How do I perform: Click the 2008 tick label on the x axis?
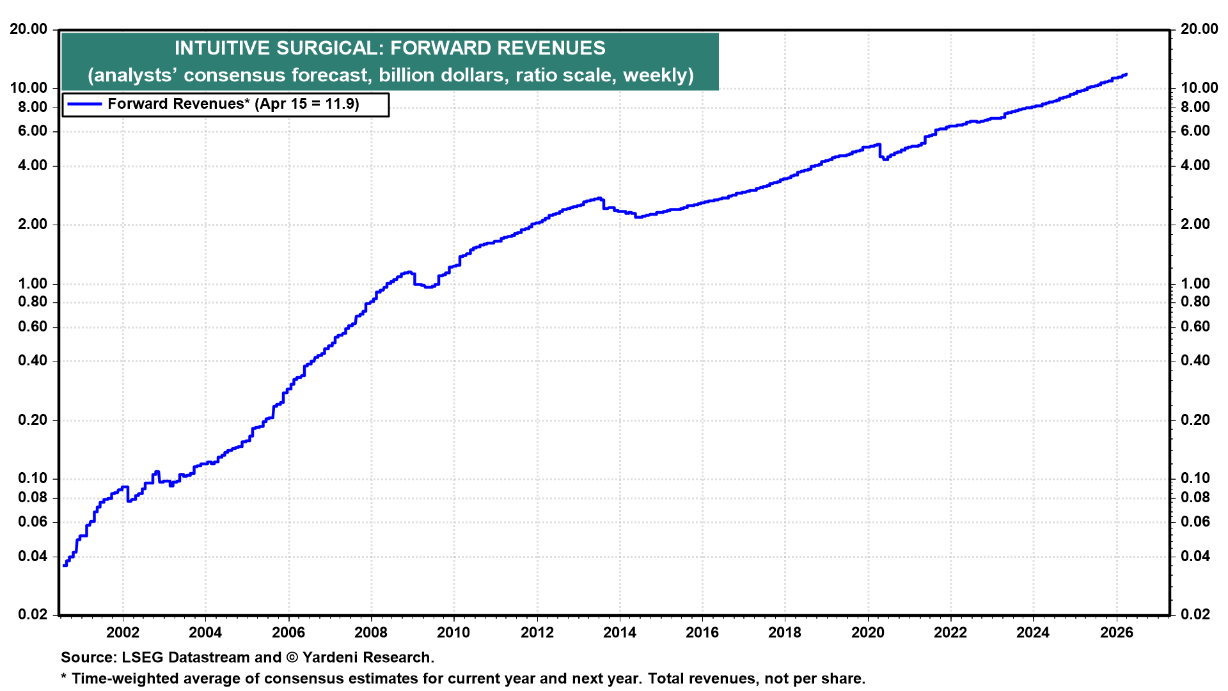point(371,633)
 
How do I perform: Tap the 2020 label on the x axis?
point(868,633)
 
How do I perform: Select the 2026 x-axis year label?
point(1116,633)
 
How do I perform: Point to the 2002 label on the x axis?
point(123,633)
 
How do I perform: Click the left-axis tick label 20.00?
point(29,29)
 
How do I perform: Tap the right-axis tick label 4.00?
point(1195,165)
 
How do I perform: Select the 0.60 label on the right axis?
point(1195,326)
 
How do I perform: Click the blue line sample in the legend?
point(84,104)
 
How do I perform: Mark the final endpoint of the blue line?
point(1126,74)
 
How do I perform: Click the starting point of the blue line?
point(65,565)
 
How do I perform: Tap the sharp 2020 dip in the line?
point(885,159)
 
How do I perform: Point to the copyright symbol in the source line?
point(292,657)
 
